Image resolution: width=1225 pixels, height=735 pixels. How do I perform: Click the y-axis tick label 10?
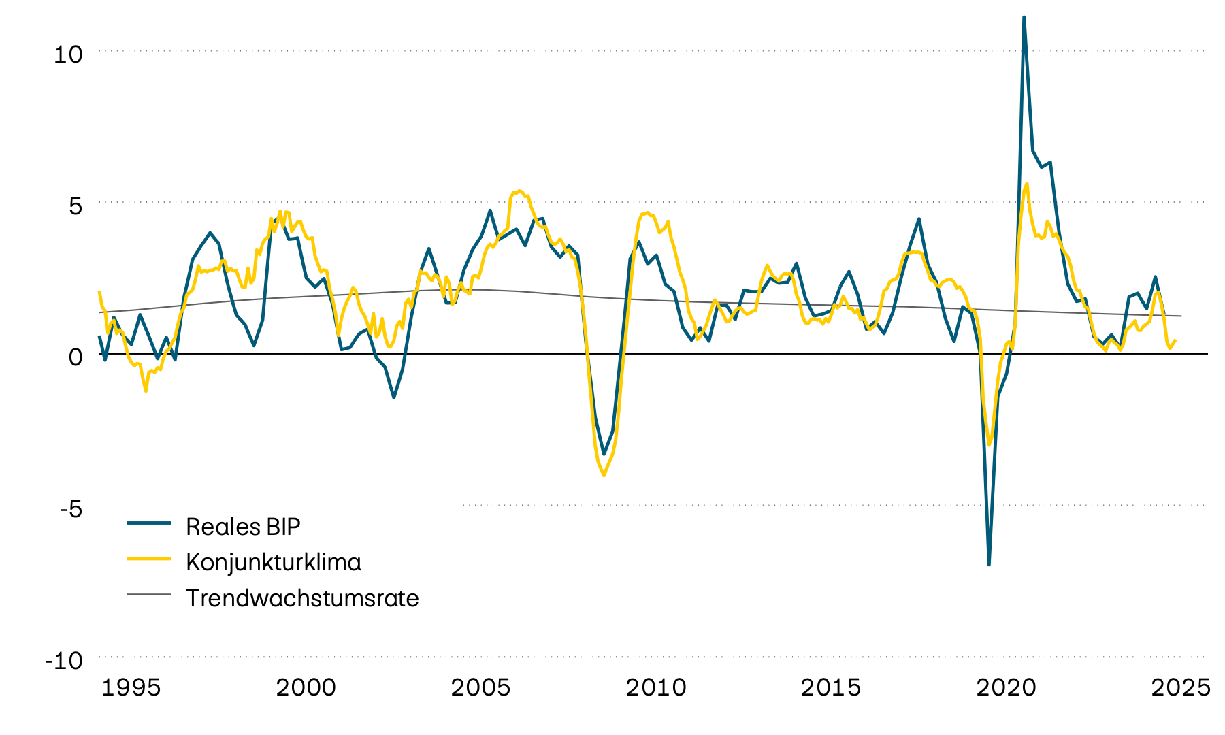[68, 54]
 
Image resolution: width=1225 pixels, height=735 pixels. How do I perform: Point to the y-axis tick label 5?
[75, 206]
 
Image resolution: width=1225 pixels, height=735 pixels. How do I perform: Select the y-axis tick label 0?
[75, 357]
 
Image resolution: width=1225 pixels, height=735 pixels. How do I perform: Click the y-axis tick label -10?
[63, 660]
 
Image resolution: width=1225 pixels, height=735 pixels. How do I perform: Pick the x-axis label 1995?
[131, 687]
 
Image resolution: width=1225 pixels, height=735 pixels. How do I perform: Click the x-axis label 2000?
[306, 687]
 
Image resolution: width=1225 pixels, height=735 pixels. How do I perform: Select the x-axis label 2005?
[480, 687]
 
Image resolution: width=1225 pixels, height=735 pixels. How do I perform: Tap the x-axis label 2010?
[656, 687]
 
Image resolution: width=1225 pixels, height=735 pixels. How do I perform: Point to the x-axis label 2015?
[831, 687]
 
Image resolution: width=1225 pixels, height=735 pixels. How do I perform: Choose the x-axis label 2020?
[1006, 687]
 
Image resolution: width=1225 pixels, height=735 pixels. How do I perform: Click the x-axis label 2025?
[1181, 687]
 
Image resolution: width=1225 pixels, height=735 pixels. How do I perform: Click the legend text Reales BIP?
[243, 527]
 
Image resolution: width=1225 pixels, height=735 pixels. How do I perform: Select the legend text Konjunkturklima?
[273, 562]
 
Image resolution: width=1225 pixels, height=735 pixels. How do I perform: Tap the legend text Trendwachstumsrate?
[302, 598]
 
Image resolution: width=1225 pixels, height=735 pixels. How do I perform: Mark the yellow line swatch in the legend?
[149, 558]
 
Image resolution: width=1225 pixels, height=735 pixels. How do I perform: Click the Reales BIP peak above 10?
[1024, 17]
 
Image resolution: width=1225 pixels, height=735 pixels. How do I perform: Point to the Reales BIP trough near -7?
[989, 564]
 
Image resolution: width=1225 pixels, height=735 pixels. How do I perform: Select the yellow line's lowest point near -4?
[604, 475]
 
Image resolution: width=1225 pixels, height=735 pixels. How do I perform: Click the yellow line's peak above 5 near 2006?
[519, 191]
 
